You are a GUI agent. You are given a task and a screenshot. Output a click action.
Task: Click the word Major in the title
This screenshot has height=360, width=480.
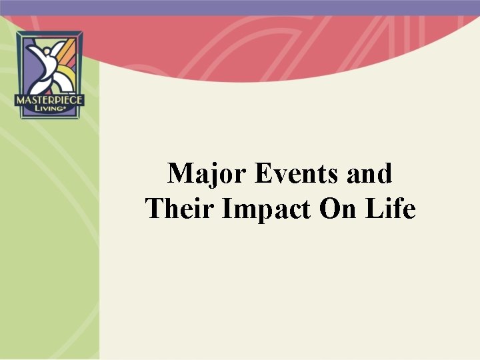tap(209, 174)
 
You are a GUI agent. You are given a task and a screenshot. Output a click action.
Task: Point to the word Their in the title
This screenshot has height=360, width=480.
tap(181, 209)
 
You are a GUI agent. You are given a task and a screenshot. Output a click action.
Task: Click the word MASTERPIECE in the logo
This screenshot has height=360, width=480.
tap(49, 99)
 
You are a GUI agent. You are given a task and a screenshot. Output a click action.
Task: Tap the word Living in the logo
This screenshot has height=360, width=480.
tap(49, 110)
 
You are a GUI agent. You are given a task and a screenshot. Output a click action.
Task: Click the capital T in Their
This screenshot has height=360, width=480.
tap(155, 209)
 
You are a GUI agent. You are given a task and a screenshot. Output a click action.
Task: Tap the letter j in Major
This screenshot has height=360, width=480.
tap(213, 175)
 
